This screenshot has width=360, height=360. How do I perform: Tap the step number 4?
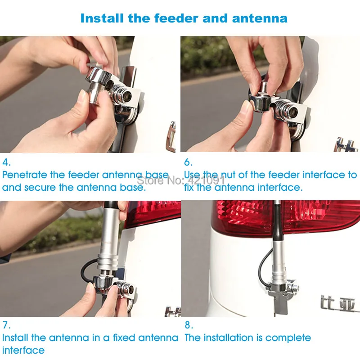(x=6, y=162)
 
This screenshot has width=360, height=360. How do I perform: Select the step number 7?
(x=6, y=325)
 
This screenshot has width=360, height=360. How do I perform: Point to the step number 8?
(x=188, y=325)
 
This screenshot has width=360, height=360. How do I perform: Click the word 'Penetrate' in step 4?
(x=25, y=175)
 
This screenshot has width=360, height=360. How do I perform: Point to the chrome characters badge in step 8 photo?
(x=337, y=304)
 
